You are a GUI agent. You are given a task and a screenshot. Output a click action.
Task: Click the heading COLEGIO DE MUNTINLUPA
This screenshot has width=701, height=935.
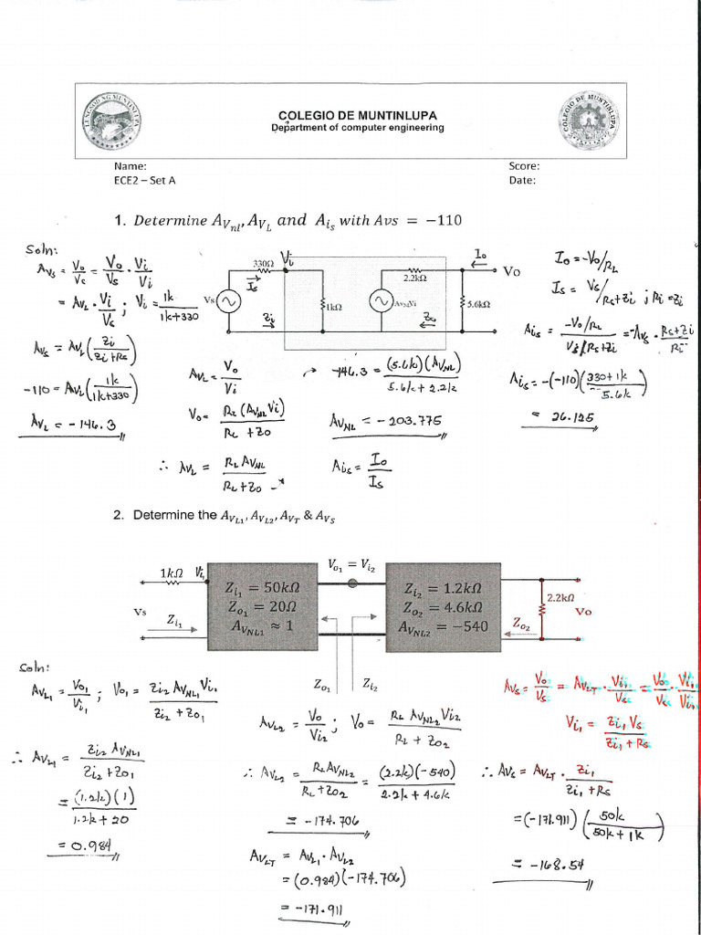(x=357, y=115)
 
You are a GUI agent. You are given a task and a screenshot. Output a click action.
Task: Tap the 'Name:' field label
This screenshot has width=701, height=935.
(x=131, y=166)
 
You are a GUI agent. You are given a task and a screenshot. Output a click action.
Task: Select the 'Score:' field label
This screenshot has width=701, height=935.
(x=524, y=166)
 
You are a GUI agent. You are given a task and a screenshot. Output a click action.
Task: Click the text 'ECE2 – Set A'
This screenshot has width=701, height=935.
(x=145, y=180)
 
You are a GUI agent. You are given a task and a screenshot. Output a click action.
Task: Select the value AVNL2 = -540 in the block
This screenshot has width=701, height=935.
(x=444, y=627)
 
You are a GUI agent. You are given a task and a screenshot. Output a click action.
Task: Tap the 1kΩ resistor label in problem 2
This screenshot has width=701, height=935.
(x=173, y=573)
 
